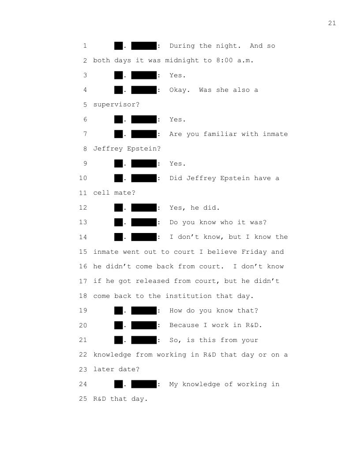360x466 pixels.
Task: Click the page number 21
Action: [x=332, y=23]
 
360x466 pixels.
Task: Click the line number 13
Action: [x=83, y=222]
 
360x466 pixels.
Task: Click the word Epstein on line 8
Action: [x=144, y=149]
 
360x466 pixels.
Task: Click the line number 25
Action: [x=83, y=399]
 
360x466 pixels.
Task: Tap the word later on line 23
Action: [x=104, y=369]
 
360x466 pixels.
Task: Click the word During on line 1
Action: [x=182, y=46]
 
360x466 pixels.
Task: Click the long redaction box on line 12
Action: [x=144, y=207]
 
